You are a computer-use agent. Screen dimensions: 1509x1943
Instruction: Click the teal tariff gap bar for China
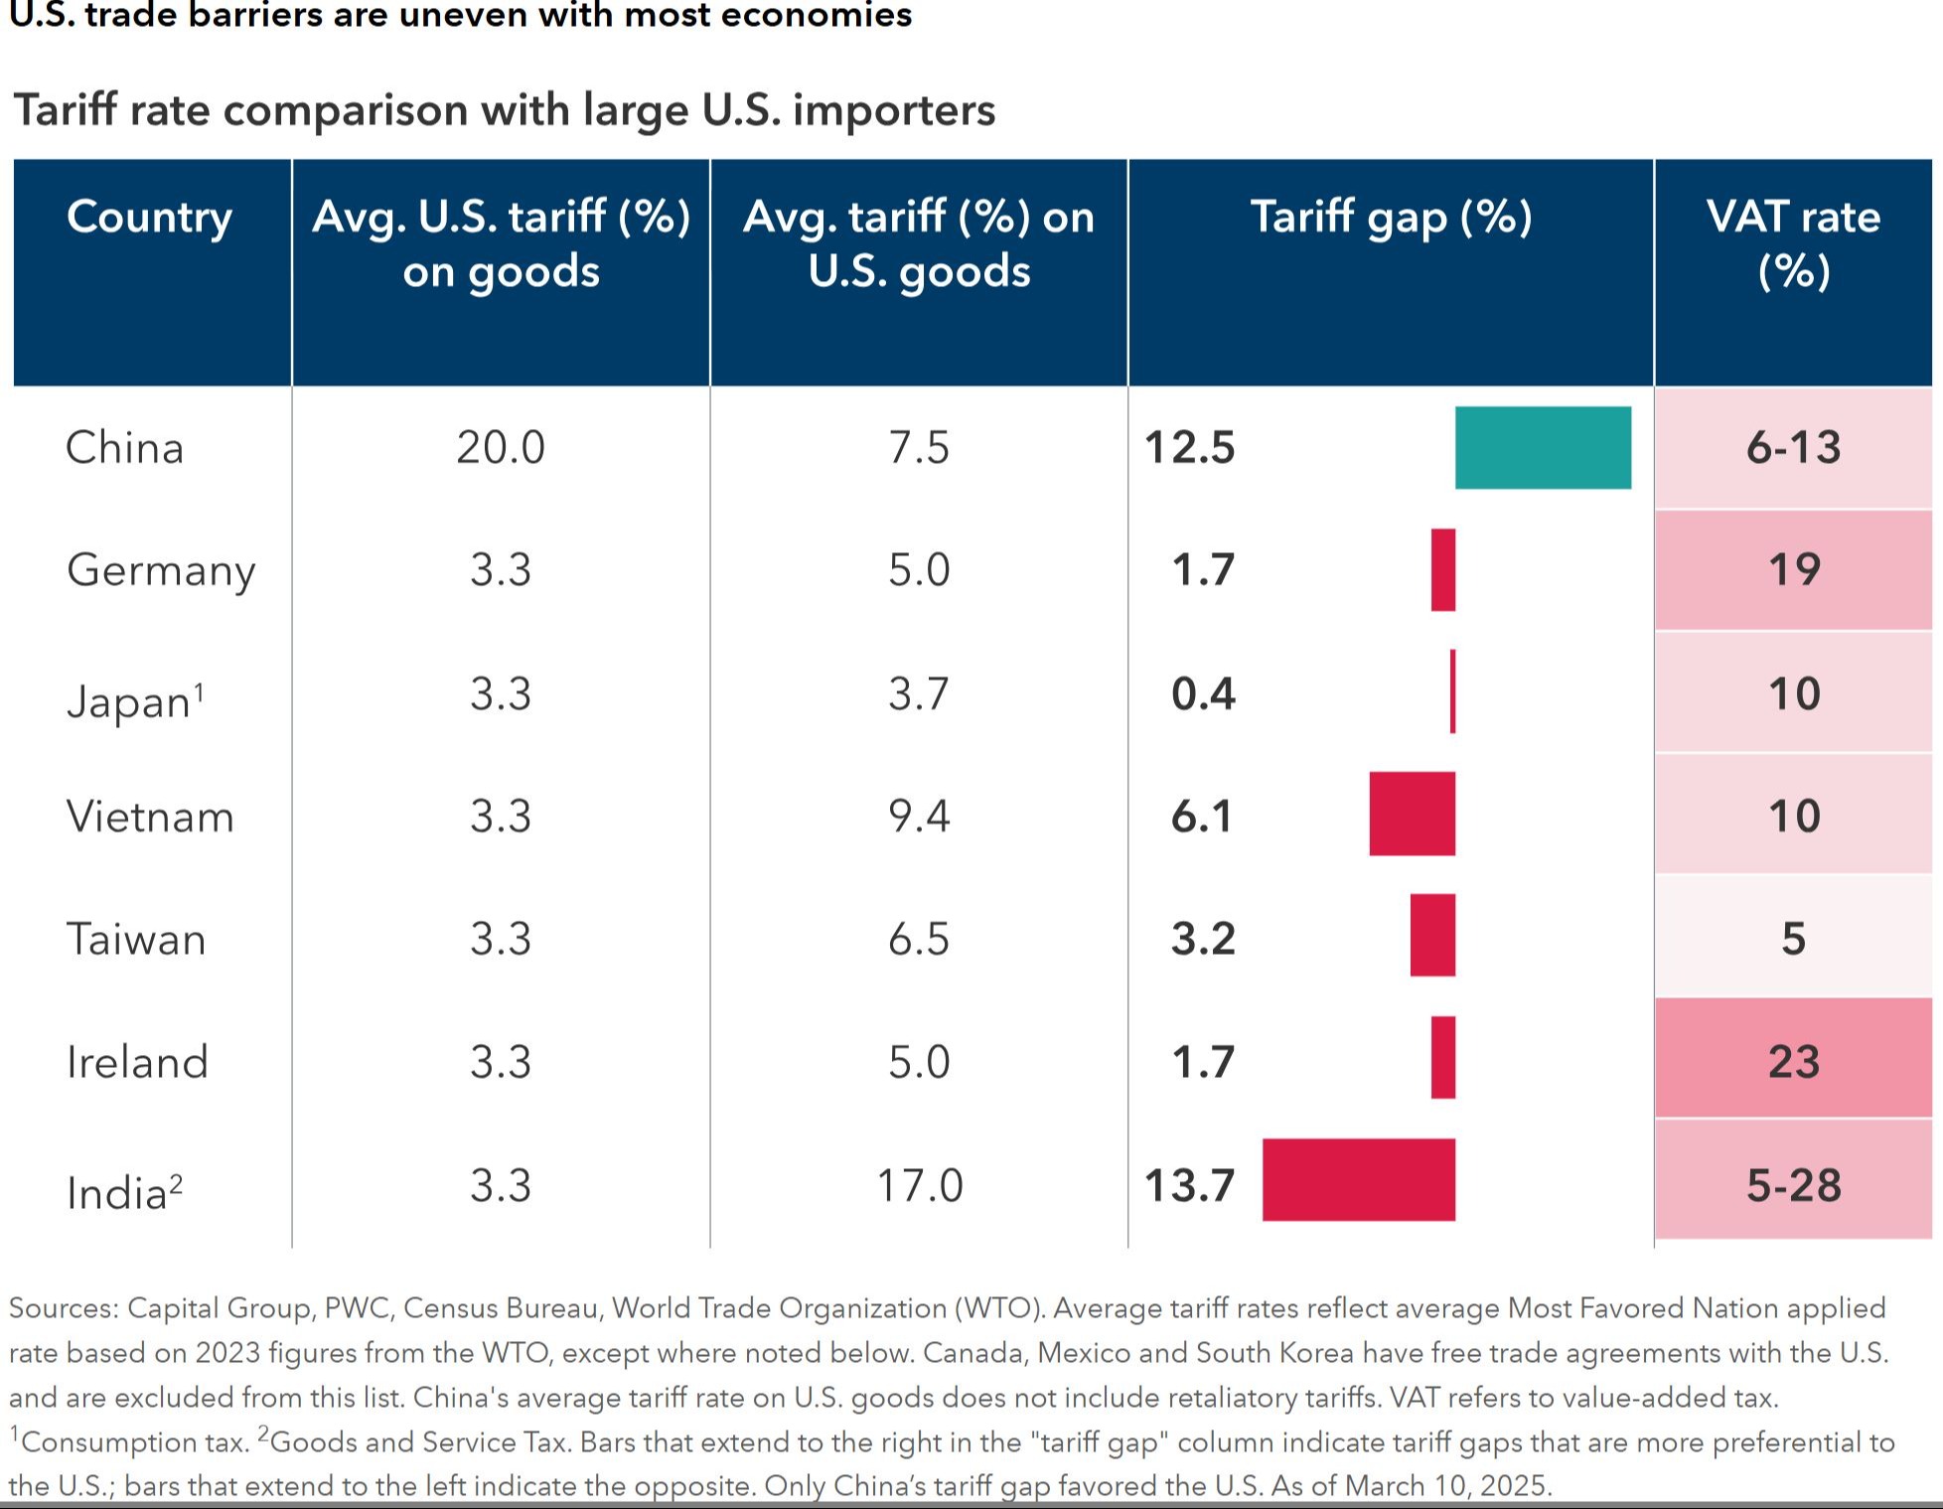[1543, 447]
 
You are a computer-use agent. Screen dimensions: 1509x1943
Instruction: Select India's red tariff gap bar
[1358, 1179]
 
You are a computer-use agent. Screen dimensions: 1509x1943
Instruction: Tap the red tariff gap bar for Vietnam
[1412, 814]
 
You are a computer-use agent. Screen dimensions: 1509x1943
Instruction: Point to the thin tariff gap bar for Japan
[1452, 691]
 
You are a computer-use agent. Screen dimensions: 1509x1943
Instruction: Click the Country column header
[150, 217]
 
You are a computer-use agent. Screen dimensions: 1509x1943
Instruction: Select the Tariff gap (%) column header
[1391, 217]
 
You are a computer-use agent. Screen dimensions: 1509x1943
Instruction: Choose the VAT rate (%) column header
[1793, 243]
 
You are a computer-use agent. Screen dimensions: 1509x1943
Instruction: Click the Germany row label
[161, 570]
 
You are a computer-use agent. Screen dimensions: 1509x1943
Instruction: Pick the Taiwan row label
[136, 939]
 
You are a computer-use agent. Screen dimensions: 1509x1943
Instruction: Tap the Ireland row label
[138, 1061]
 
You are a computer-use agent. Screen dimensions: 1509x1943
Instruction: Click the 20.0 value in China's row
[501, 447]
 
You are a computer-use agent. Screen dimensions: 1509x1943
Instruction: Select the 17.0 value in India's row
[919, 1185]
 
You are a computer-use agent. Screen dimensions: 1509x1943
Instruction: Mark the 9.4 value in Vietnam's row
[919, 816]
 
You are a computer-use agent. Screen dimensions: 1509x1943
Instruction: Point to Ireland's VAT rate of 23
[1793, 1061]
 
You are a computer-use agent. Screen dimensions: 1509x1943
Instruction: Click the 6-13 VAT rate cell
[1793, 447]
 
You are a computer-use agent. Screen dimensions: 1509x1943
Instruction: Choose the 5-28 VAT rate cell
[1793, 1185]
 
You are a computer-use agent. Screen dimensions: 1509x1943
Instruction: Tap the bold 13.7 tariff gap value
[1189, 1185]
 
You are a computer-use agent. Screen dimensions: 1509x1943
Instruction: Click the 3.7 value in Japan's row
[919, 693]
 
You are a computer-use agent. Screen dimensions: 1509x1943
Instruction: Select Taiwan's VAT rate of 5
[1793, 939]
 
